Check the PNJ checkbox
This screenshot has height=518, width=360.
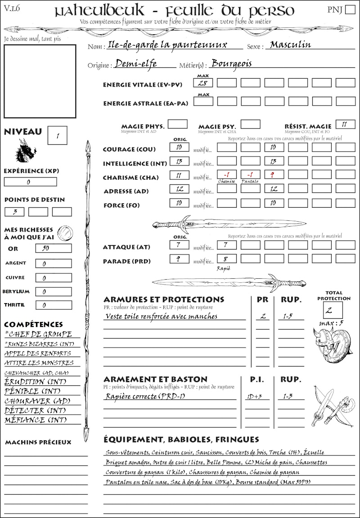tap(349, 10)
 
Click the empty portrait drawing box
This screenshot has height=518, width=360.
tap(40, 81)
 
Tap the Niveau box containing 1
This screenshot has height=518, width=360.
tap(58, 135)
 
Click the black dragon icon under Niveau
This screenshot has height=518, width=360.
tap(25, 151)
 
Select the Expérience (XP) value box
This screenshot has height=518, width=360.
tap(30, 182)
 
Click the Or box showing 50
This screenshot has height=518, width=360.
tap(53, 248)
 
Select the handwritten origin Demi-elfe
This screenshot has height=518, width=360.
tap(135, 64)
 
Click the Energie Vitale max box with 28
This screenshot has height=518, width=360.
tap(203, 83)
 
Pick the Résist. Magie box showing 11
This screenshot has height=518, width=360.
tap(345, 124)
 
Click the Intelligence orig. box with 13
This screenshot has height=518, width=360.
tap(179, 161)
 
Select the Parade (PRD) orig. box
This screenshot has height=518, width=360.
tap(179, 259)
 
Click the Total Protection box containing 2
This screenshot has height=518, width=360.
tap(333, 310)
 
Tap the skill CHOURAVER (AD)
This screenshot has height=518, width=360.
tap(36, 401)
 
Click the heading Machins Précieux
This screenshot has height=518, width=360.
tap(38, 442)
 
